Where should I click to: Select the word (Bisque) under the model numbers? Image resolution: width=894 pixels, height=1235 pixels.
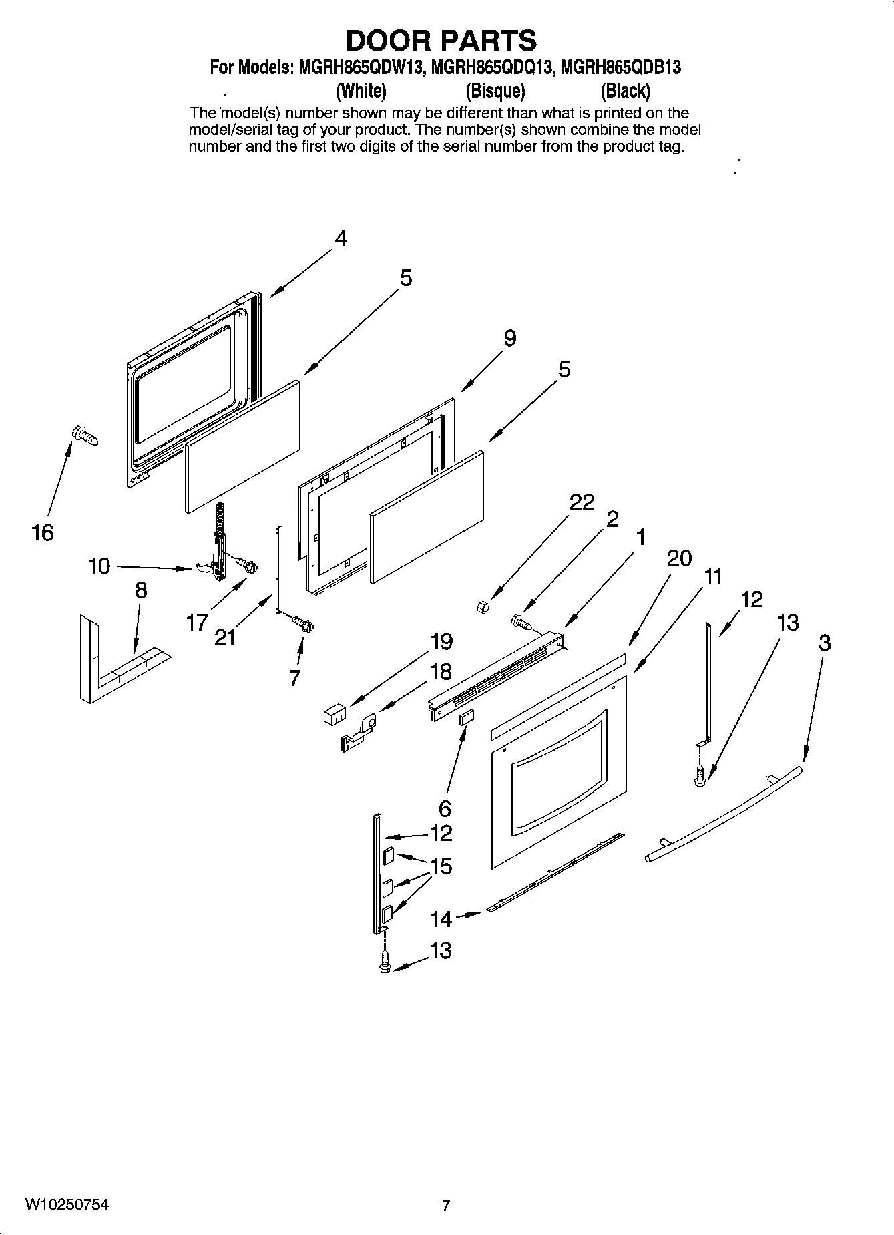tap(495, 90)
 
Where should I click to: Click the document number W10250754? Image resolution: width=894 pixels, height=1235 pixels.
tap(67, 1204)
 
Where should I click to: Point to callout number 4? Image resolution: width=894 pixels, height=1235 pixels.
tap(341, 238)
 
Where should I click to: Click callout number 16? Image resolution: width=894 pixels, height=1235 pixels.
tap(42, 532)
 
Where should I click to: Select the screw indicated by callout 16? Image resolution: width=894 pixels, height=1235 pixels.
tap(84, 436)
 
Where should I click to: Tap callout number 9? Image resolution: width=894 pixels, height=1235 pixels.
tap(509, 338)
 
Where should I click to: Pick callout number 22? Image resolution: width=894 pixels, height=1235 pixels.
tap(582, 502)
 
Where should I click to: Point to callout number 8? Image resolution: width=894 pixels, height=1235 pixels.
tap(141, 590)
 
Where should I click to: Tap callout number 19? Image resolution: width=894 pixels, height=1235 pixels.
tap(441, 641)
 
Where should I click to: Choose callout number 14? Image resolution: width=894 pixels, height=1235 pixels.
tap(441, 919)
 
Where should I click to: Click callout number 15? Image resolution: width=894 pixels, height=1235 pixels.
tap(441, 866)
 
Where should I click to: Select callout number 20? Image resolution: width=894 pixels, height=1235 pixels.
tap(679, 558)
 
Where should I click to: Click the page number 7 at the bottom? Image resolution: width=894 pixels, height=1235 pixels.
tap(446, 1206)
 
